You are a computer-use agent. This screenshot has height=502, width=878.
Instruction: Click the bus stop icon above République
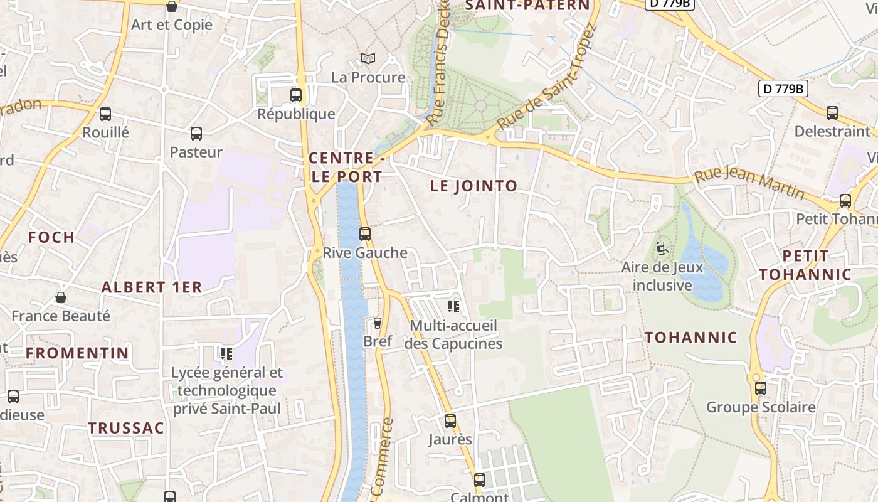point(296,95)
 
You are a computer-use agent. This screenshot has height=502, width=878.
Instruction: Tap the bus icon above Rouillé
point(105,114)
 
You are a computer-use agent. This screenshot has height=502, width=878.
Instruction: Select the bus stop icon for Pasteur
point(196,134)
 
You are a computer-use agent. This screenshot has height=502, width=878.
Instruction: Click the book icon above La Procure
point(368,59)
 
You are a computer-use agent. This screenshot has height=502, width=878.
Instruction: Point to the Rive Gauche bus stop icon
point(365,234)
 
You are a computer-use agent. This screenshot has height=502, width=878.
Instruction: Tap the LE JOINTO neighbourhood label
point(473,186)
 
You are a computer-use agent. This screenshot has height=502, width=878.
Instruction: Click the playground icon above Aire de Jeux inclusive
point(660,248)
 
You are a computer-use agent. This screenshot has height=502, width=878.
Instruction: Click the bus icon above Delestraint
point(832,113)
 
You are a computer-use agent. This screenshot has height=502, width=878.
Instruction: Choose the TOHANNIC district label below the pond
point(691,338)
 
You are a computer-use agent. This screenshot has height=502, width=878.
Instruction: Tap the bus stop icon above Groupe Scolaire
point(761,388)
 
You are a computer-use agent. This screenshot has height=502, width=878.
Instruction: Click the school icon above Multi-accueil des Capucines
point(453,307)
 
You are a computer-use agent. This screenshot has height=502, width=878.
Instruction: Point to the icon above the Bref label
point(378,323)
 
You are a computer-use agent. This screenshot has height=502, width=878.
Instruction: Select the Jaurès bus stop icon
point(450,420)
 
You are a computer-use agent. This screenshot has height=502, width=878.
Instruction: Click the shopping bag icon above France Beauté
point(61,297)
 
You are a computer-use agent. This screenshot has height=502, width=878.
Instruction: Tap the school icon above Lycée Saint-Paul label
point(226,354)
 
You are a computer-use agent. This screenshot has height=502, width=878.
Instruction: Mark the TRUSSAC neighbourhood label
point(126,429)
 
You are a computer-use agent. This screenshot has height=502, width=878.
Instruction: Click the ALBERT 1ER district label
point(152,287)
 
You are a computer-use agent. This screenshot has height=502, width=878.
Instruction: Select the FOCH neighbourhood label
point(51,237)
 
